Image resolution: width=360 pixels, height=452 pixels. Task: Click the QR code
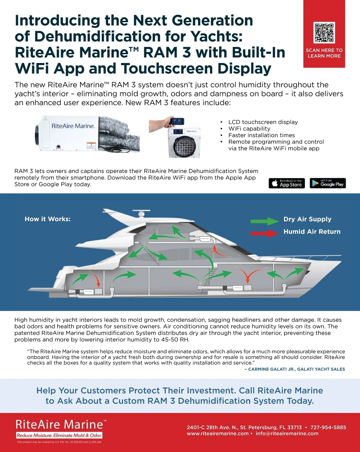click(x=324, y=33)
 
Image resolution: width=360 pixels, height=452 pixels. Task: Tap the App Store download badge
click(x=287, y=183)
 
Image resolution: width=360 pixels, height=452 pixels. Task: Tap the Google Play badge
click(x=328, y=183)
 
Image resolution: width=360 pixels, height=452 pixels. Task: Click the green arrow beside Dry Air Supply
click(x=265, y=221)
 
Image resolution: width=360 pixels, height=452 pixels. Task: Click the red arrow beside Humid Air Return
click(x=265, y=233)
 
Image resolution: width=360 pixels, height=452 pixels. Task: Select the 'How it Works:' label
click(x=48, y=219)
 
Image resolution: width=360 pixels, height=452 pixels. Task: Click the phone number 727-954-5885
click(x=328, y=427)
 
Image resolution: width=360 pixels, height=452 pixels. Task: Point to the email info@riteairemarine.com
click(x=287, y=433)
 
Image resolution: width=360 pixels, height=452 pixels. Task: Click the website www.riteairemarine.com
click(x=217, y=433)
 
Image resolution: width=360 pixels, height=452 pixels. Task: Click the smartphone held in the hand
click(x=177, y=121)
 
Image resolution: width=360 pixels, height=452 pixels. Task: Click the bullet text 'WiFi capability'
click(x=249, y=129)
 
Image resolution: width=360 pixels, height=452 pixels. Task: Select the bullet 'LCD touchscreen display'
click(x=263, y=122)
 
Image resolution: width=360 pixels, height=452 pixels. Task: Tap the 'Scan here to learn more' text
click(x=324, y=53)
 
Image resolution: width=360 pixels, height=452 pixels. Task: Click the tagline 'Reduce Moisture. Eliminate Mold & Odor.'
click(x=59, y=436)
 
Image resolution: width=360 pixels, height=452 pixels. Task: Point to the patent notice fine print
click(x=59, y=442)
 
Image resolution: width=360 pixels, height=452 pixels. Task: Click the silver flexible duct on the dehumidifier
click(x=119, y=133)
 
